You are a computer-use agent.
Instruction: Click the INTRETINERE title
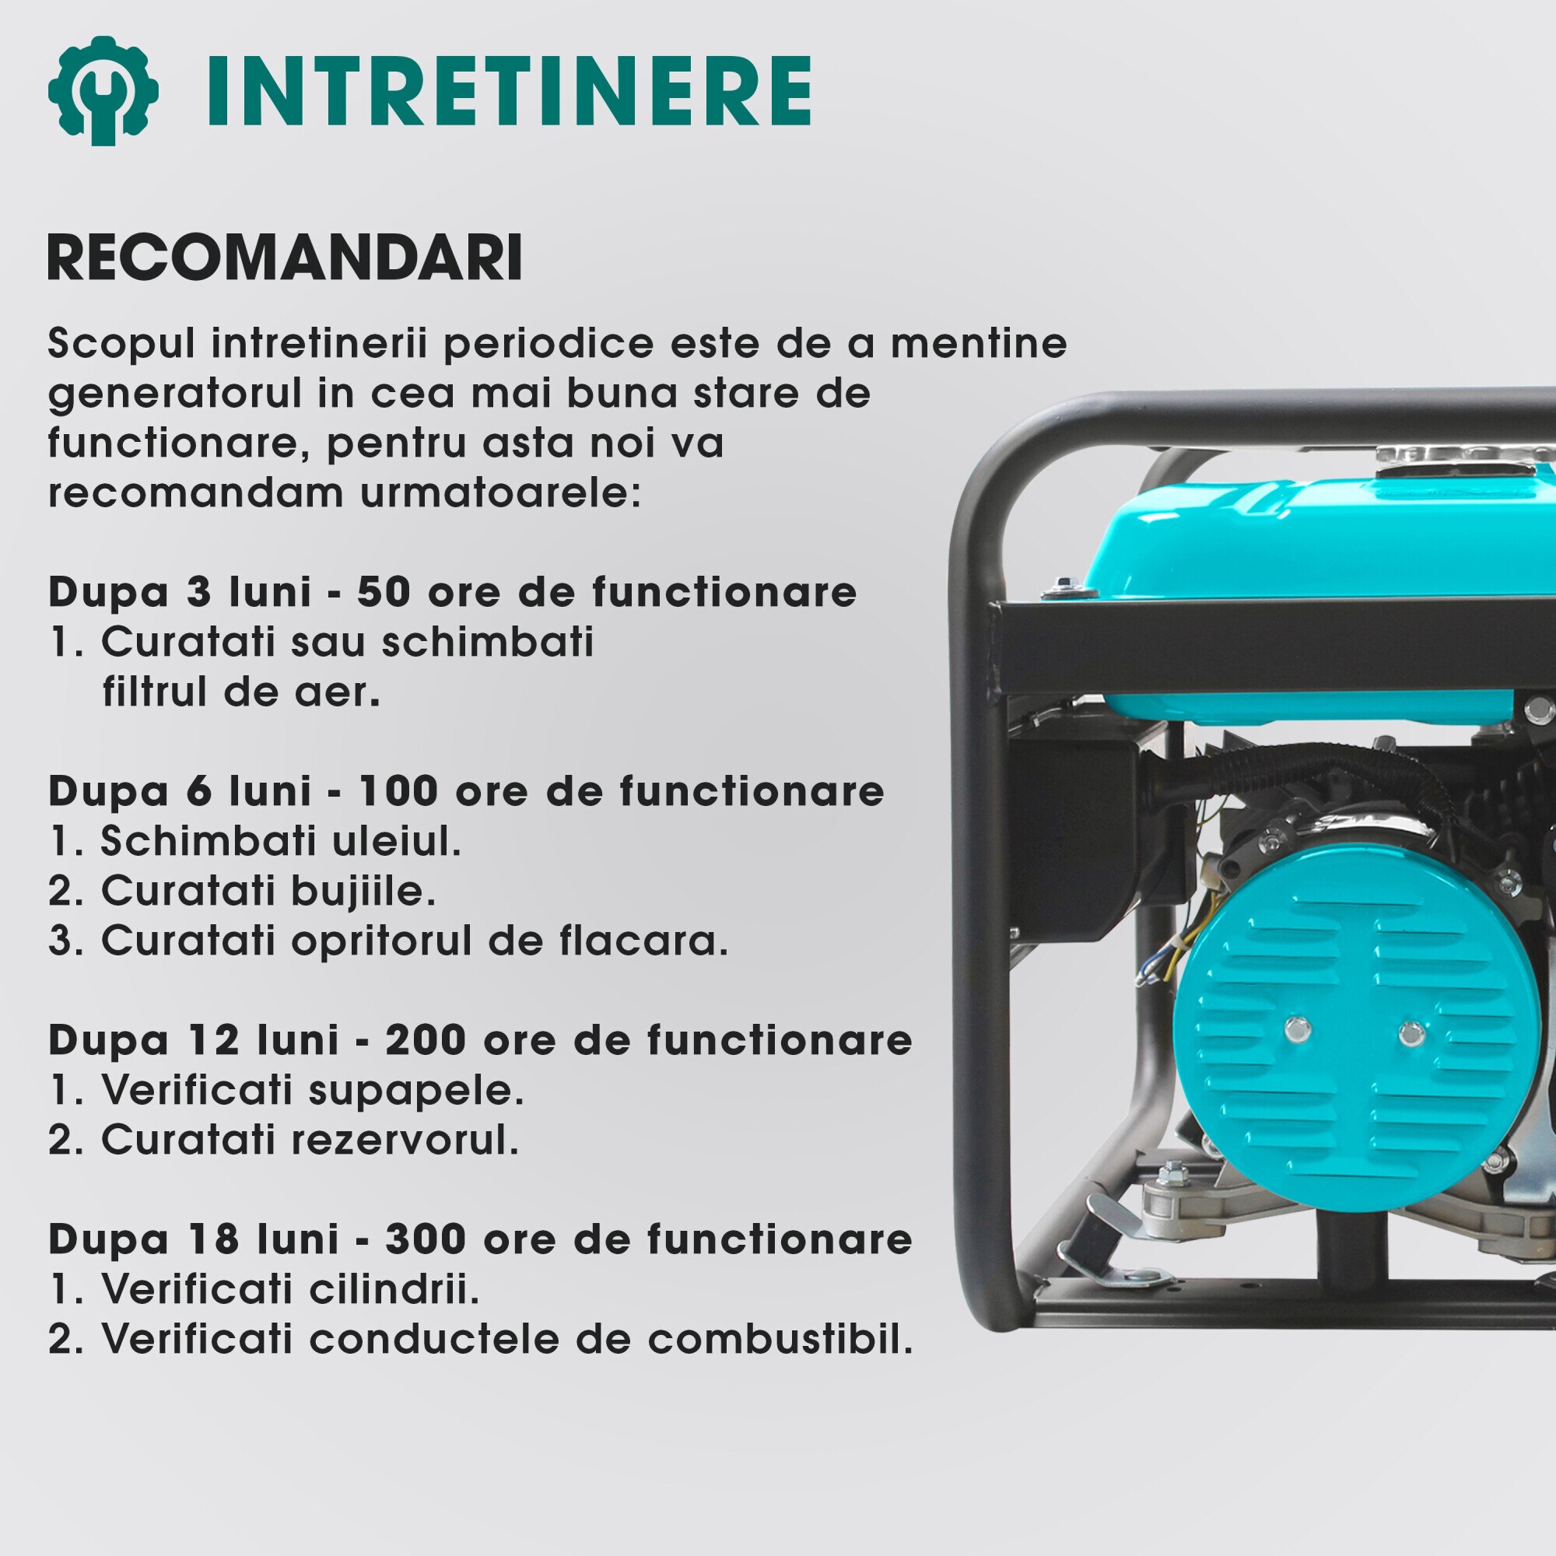509,91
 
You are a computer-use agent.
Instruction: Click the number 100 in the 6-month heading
398,792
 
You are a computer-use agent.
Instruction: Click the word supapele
416,1090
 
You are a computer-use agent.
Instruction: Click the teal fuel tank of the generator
1321,555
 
